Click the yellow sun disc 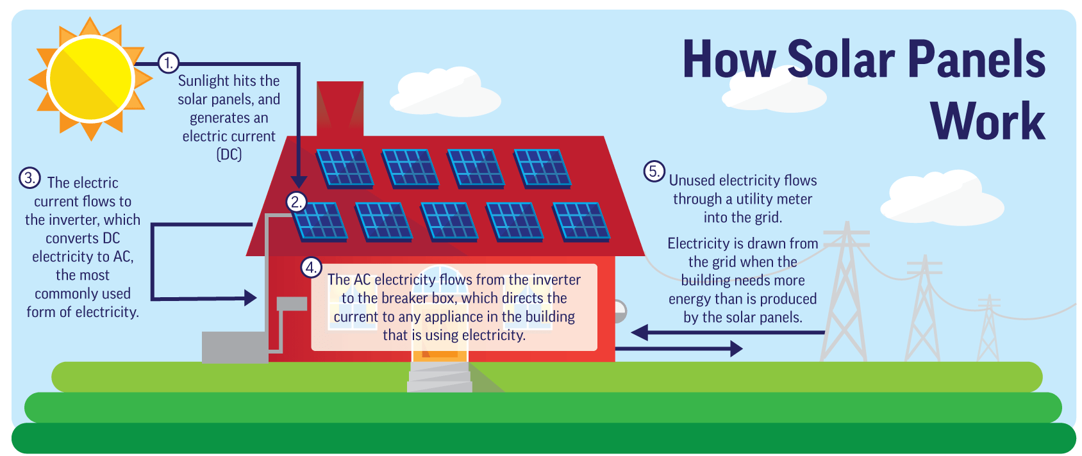pos(90,78)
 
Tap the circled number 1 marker pos(168,63)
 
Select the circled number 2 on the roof pos(295,202)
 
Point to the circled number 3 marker pos(29,178)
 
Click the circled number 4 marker pos(311,267)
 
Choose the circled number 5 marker pos(654,171)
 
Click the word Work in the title pos(987,122)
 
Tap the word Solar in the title pos(841,60)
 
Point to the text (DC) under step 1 pos(229,154)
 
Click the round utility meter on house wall pos(619,312)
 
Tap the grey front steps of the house pos(440,377)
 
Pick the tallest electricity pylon pos(845,295)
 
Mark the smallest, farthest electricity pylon pos(988,330)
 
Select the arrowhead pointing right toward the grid pos(736,349)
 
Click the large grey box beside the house pos(234,346)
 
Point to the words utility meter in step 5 pos(774,199)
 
